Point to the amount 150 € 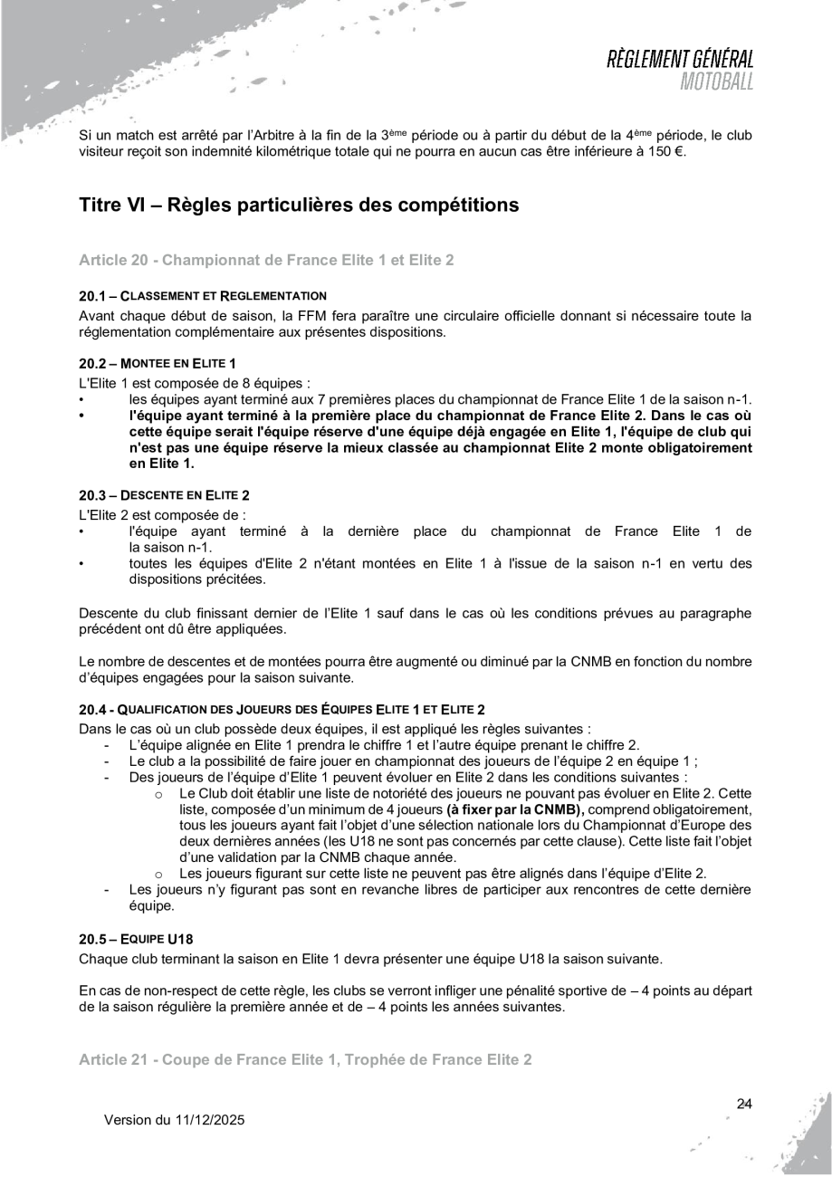click(x=665, y=151)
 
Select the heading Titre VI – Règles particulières click(x=299, y=206)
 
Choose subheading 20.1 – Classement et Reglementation click(x=203, y=295)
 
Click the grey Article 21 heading click(x=305, y=1058)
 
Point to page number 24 click(x=744, y=1103)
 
